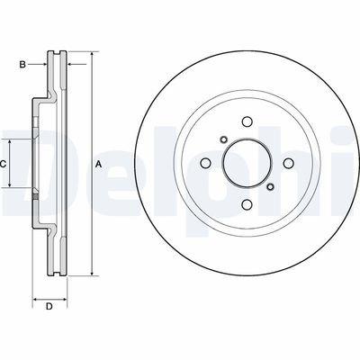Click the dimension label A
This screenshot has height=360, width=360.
pos(98,164)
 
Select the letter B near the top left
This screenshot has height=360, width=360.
pos(24,64)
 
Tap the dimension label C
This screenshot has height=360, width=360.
pos(4,164)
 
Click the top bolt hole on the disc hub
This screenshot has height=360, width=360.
pos(246,123)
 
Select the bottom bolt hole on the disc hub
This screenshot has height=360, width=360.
pos(246,203)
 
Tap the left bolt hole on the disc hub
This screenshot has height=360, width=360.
pos(205,164)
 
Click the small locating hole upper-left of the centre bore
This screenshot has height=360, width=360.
pos(221,139)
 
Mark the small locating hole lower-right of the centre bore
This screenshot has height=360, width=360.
pos(270,187)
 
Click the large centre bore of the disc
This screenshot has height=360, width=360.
pos(246,164)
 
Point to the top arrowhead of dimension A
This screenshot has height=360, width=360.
pos(91,56)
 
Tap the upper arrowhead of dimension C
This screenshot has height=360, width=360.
pos(12,141)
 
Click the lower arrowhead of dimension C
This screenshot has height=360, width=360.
pos(12,186)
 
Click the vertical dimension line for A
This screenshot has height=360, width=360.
pos(91,216)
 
